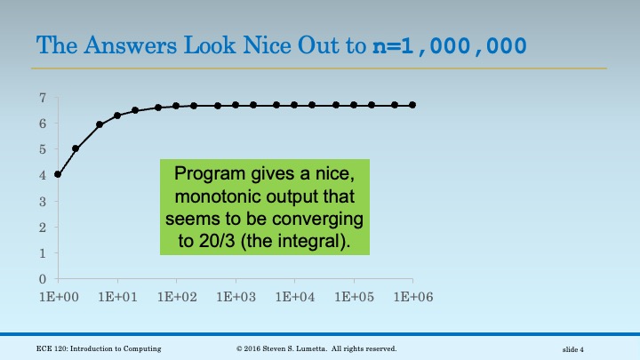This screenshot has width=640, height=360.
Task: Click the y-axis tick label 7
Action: pos(43,97)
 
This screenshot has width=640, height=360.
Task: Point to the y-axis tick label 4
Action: pos(43,175)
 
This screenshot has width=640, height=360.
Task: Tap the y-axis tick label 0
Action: pos(43,279)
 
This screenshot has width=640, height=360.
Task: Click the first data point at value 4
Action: pos(58,174)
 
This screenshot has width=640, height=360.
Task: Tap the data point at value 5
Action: pos(76,148)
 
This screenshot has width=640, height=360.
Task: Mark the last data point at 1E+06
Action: pos(412,105)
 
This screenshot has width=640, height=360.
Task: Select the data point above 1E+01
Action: pos(117,116)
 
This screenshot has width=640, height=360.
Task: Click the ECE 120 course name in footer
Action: pos(99,348)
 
